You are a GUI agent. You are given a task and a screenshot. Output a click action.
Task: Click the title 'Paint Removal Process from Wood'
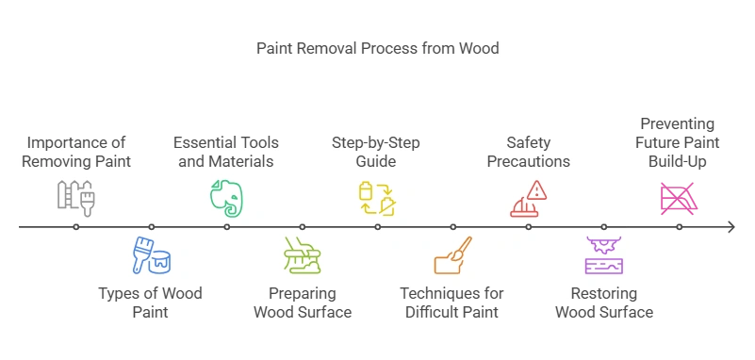pyautogui.click(x=377, y=47)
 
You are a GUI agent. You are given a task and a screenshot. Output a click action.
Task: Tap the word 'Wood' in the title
pyautogui.click(x=479, y=47)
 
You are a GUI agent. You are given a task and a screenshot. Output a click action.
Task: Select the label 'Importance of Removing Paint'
pyautogui.click(x=75, y=152)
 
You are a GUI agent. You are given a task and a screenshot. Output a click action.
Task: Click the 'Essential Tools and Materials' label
pyautogui.click(x=226, y=152)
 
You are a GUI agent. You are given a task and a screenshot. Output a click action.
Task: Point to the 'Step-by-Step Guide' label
pyautogui.click(x=376, y=152)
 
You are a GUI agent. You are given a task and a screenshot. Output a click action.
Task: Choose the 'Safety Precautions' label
pyautogui.click(x=528, y=152)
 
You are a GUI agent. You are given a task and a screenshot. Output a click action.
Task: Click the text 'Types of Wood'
pyautogui.click(x=151, y=293)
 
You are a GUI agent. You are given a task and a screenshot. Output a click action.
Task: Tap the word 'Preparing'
pyautogui.click(x=302, y=293)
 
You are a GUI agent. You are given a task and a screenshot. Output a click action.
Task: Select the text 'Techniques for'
pyautogui.click(x=452, y=293)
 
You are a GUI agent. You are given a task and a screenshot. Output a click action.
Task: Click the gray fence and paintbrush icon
pyautogui.click(x=76, y=198)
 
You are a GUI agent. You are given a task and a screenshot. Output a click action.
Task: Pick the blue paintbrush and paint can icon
pyautogui.click(x=151, y=254)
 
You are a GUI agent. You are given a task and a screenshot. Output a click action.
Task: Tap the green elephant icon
pyautogui.click(x=226, y=198)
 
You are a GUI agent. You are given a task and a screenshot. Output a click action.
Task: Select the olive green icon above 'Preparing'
pyautogui.click(x=303, y=254)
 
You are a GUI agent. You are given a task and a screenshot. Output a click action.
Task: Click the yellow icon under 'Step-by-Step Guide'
pyautogui.click(x=377, y=198)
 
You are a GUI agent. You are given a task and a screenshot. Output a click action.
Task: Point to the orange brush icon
pyautogui.click(x=452, y=254)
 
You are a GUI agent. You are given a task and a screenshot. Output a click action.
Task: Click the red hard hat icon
pyautogui.click(x=524, y=205)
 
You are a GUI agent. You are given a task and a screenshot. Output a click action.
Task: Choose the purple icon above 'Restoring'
pyautogui.click(x=604, y=254)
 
